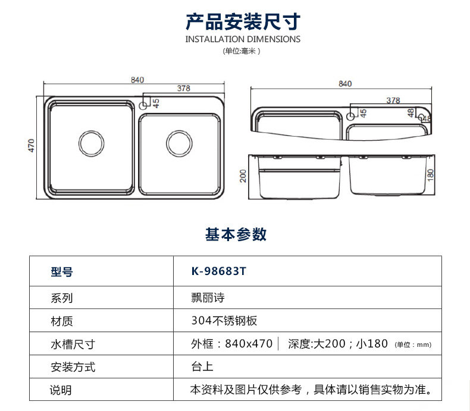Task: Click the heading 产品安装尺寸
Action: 243,21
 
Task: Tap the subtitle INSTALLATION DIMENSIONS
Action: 243,39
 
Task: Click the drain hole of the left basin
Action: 92,143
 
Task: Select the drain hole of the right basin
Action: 179,143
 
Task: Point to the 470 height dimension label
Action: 32,146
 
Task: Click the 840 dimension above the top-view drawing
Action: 137,80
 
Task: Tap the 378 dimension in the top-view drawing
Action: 183,88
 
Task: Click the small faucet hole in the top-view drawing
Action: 143,106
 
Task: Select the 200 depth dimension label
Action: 243,176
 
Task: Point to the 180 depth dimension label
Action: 430,175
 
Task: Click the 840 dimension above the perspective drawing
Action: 345,84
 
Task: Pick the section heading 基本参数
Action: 236,234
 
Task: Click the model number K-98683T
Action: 219,271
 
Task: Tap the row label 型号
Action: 62,272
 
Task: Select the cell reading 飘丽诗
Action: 208,298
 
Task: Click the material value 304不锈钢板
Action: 224,321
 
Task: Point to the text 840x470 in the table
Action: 249,344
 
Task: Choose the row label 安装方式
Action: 73,367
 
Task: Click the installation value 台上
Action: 202,366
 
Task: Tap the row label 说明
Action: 61,390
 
